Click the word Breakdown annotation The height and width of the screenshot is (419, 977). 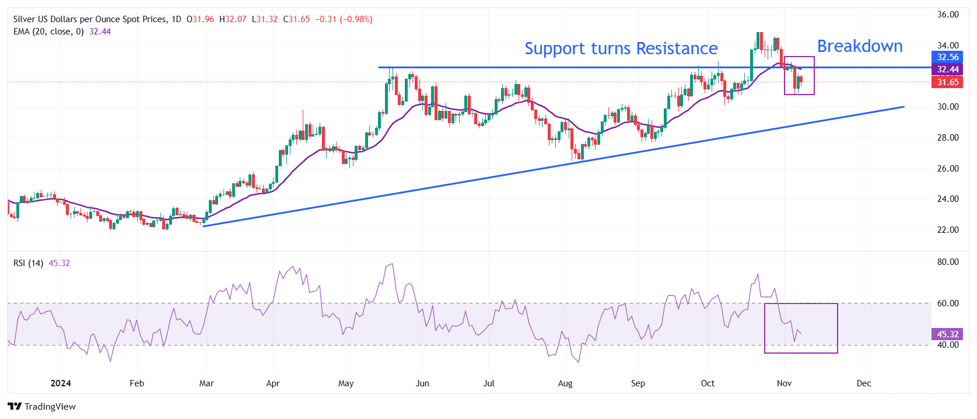point(859,46)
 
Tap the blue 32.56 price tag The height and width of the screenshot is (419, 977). point(947,57)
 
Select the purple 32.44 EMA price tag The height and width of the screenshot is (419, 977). point(947,69)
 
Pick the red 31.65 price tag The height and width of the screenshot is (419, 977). point(947,82)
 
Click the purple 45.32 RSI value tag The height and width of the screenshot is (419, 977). point(947,334)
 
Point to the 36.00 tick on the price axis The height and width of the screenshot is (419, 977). point(947,15)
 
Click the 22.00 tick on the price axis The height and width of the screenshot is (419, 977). point(947,230)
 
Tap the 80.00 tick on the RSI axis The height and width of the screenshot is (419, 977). point(947,262)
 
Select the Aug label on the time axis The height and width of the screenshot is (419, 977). point(565,383)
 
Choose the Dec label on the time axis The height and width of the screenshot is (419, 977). point(863,383)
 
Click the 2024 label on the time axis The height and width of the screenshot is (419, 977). point(61,383)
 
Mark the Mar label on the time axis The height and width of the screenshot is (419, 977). point(206,383)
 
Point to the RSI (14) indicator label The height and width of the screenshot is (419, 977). point(28,263)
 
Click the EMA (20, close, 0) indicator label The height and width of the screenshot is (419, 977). point(49,32)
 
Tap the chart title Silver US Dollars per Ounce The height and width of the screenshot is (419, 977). point(90,19)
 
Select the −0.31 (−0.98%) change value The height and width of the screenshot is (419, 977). point(344,19)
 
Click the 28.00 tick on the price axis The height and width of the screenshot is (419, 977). point(947,138)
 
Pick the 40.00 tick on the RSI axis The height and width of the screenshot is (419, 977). point(947,345)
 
